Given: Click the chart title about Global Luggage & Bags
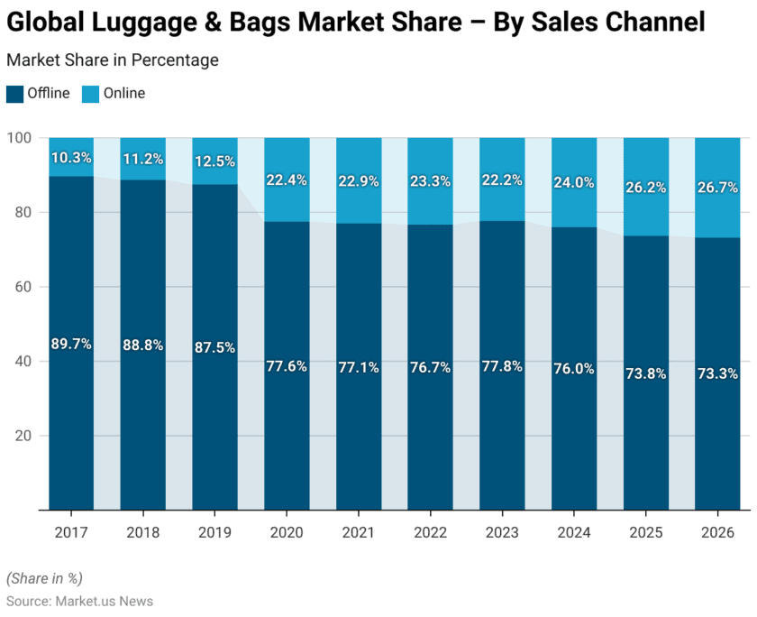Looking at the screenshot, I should click(x=356, y=23).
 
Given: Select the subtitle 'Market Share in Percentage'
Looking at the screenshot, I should click(x=113, y=60).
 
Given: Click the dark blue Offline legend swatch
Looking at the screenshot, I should click(x=14, y=93).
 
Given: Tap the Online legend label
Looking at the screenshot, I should click(x=123, y=93).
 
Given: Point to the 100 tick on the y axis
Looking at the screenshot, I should click(x=20, y=138).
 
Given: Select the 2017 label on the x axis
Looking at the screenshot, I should click(x=71, y=532).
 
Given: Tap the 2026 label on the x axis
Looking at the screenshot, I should click(x=717, y=532).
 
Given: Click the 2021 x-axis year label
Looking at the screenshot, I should click(x=359, y=532).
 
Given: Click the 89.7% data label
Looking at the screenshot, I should click(x=71, y=344).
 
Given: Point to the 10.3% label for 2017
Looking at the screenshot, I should click(x=71, y=158).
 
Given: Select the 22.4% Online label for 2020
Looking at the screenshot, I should click(x=287, y=180).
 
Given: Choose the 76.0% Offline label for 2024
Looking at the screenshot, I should click(x=574, y=369).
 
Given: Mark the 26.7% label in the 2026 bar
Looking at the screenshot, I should click(x=717, y=188).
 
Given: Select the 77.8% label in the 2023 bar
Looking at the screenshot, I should click(x=502, y=365).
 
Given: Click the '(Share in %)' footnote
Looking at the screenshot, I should click(x=44, y=578).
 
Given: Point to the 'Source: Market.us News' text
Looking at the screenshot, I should click(x=79, y=601).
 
